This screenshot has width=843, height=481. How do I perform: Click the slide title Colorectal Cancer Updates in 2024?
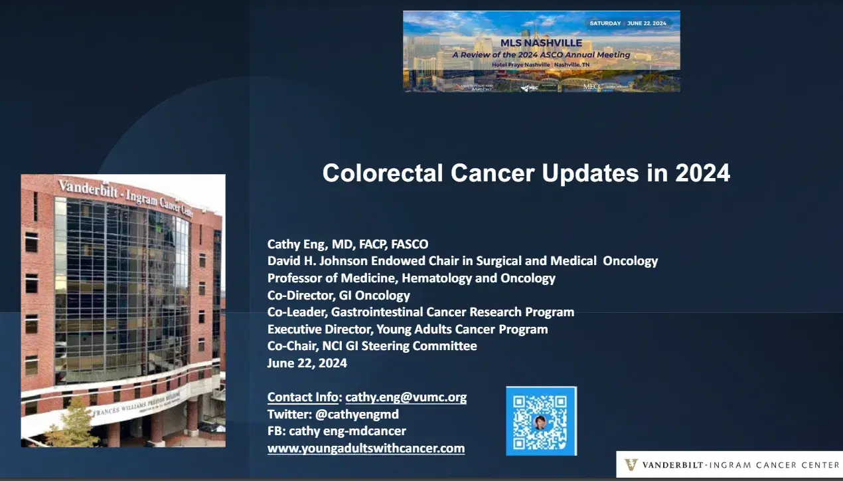coord(526,173)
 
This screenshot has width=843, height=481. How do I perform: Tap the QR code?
coord(541,421)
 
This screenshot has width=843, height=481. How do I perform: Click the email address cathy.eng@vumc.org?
coord(406,397)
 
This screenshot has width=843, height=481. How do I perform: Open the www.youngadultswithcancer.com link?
coord(366,448)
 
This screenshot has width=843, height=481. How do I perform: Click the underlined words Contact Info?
coord(303,397)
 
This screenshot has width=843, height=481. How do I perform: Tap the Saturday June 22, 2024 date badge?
coord(628,23)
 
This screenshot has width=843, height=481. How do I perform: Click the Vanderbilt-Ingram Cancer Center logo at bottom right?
coord(729,465)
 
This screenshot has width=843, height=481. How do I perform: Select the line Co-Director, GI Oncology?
coord(339,295)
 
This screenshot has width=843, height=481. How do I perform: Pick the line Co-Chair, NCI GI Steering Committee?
coord(372,346)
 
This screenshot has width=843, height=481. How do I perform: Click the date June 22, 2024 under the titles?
coord(307,363)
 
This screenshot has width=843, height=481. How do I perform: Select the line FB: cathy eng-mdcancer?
coord(337,431)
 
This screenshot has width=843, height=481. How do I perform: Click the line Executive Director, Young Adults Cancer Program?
coord(408,329)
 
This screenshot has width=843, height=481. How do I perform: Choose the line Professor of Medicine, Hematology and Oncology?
coord(412,278)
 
